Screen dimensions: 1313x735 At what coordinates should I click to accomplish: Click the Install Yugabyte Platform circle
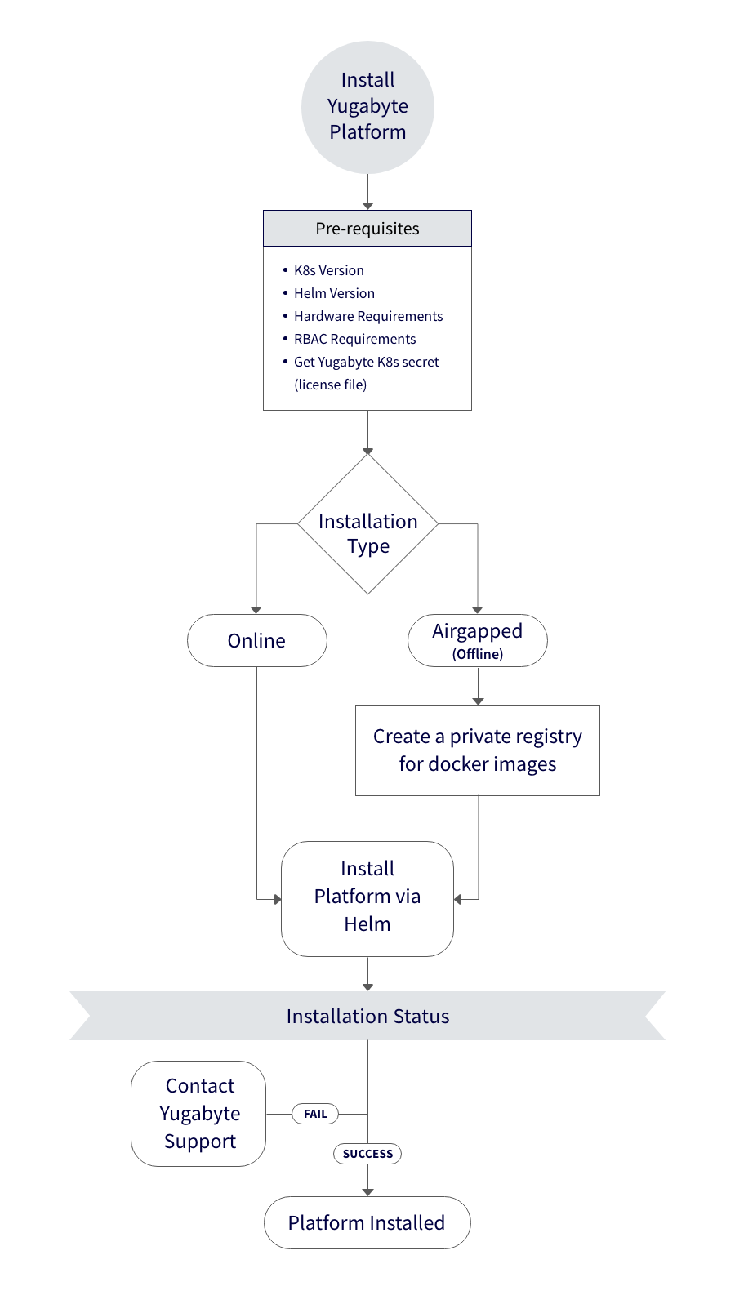[x=367, y=107]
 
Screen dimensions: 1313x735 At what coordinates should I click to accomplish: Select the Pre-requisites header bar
[x=367, y=229]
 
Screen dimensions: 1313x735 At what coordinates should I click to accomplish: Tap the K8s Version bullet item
[x=328, y=270]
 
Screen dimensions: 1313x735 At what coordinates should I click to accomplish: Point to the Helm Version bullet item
[x=334, y=293]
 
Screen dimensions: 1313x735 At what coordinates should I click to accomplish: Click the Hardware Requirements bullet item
[x=368, y=316]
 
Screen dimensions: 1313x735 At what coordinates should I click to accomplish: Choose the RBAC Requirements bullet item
[x=354, y=339]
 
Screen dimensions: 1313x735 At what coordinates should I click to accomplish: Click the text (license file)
[x=330, y=385]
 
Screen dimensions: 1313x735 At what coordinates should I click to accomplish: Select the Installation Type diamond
[x=367, y=524]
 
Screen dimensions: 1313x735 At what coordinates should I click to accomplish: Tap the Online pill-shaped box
[x=256, y=640]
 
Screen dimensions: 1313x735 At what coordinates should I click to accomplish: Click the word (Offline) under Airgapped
[x=478, y=654]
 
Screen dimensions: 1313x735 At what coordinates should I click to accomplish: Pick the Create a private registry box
[x=478, y=750]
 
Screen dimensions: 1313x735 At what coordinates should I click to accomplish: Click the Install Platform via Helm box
[x=367, y=898]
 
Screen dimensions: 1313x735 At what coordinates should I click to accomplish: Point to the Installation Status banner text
[x=367, y=1016]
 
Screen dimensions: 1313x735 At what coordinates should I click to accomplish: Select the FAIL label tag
[x=315, y=1114]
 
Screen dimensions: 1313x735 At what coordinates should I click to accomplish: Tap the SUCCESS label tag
[x=367, y=1154]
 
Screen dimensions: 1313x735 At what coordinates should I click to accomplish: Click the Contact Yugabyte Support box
[x=199, y=1114]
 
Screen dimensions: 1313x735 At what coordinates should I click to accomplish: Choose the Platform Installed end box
[x=367, y=1222]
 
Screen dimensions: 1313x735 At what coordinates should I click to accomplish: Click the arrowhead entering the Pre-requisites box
[x=367, y=206]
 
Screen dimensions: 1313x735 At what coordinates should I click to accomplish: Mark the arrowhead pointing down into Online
[x=256, y=610]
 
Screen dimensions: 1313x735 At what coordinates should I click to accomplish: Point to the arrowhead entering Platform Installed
[x=367, y=1192]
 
